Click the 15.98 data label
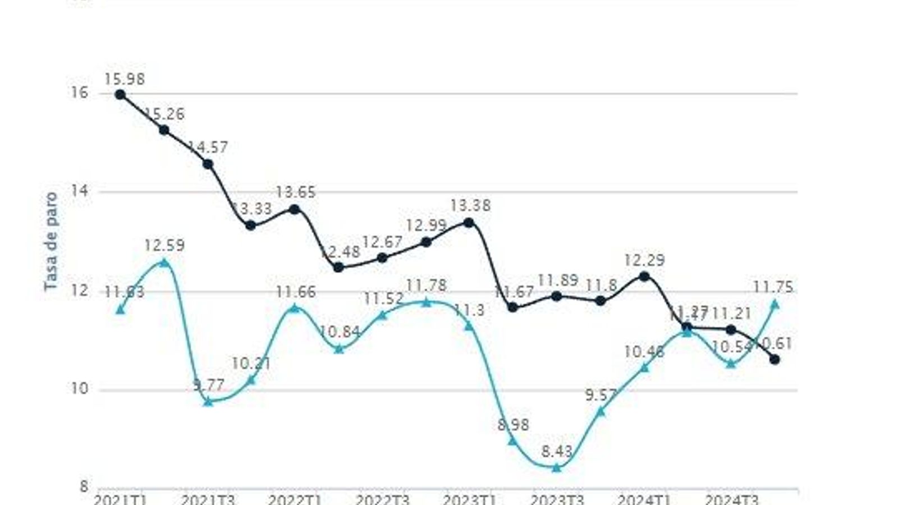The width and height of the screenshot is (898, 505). [124, 79]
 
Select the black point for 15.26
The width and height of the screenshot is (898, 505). [164, 130]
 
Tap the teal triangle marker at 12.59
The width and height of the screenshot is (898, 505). [164, 262]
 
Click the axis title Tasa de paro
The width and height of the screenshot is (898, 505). [51, 241]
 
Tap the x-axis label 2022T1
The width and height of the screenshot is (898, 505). [295, 499]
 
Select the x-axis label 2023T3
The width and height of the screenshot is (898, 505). [557, 499]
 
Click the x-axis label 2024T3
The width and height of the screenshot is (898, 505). [731, 499]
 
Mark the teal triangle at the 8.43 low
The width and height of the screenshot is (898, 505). [556, 467]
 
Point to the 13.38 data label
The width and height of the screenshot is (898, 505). [470, 206]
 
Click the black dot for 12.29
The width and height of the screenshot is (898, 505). [644, 276]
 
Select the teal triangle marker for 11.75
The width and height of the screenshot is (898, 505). [775, 304]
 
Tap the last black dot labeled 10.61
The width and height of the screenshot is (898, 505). [775, 359]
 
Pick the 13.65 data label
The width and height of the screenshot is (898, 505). [295, 192]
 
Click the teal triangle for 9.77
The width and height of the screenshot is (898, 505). [208, 402]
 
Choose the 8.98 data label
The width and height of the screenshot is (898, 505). [513, 425]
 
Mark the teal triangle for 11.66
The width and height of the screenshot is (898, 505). [295, 307]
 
